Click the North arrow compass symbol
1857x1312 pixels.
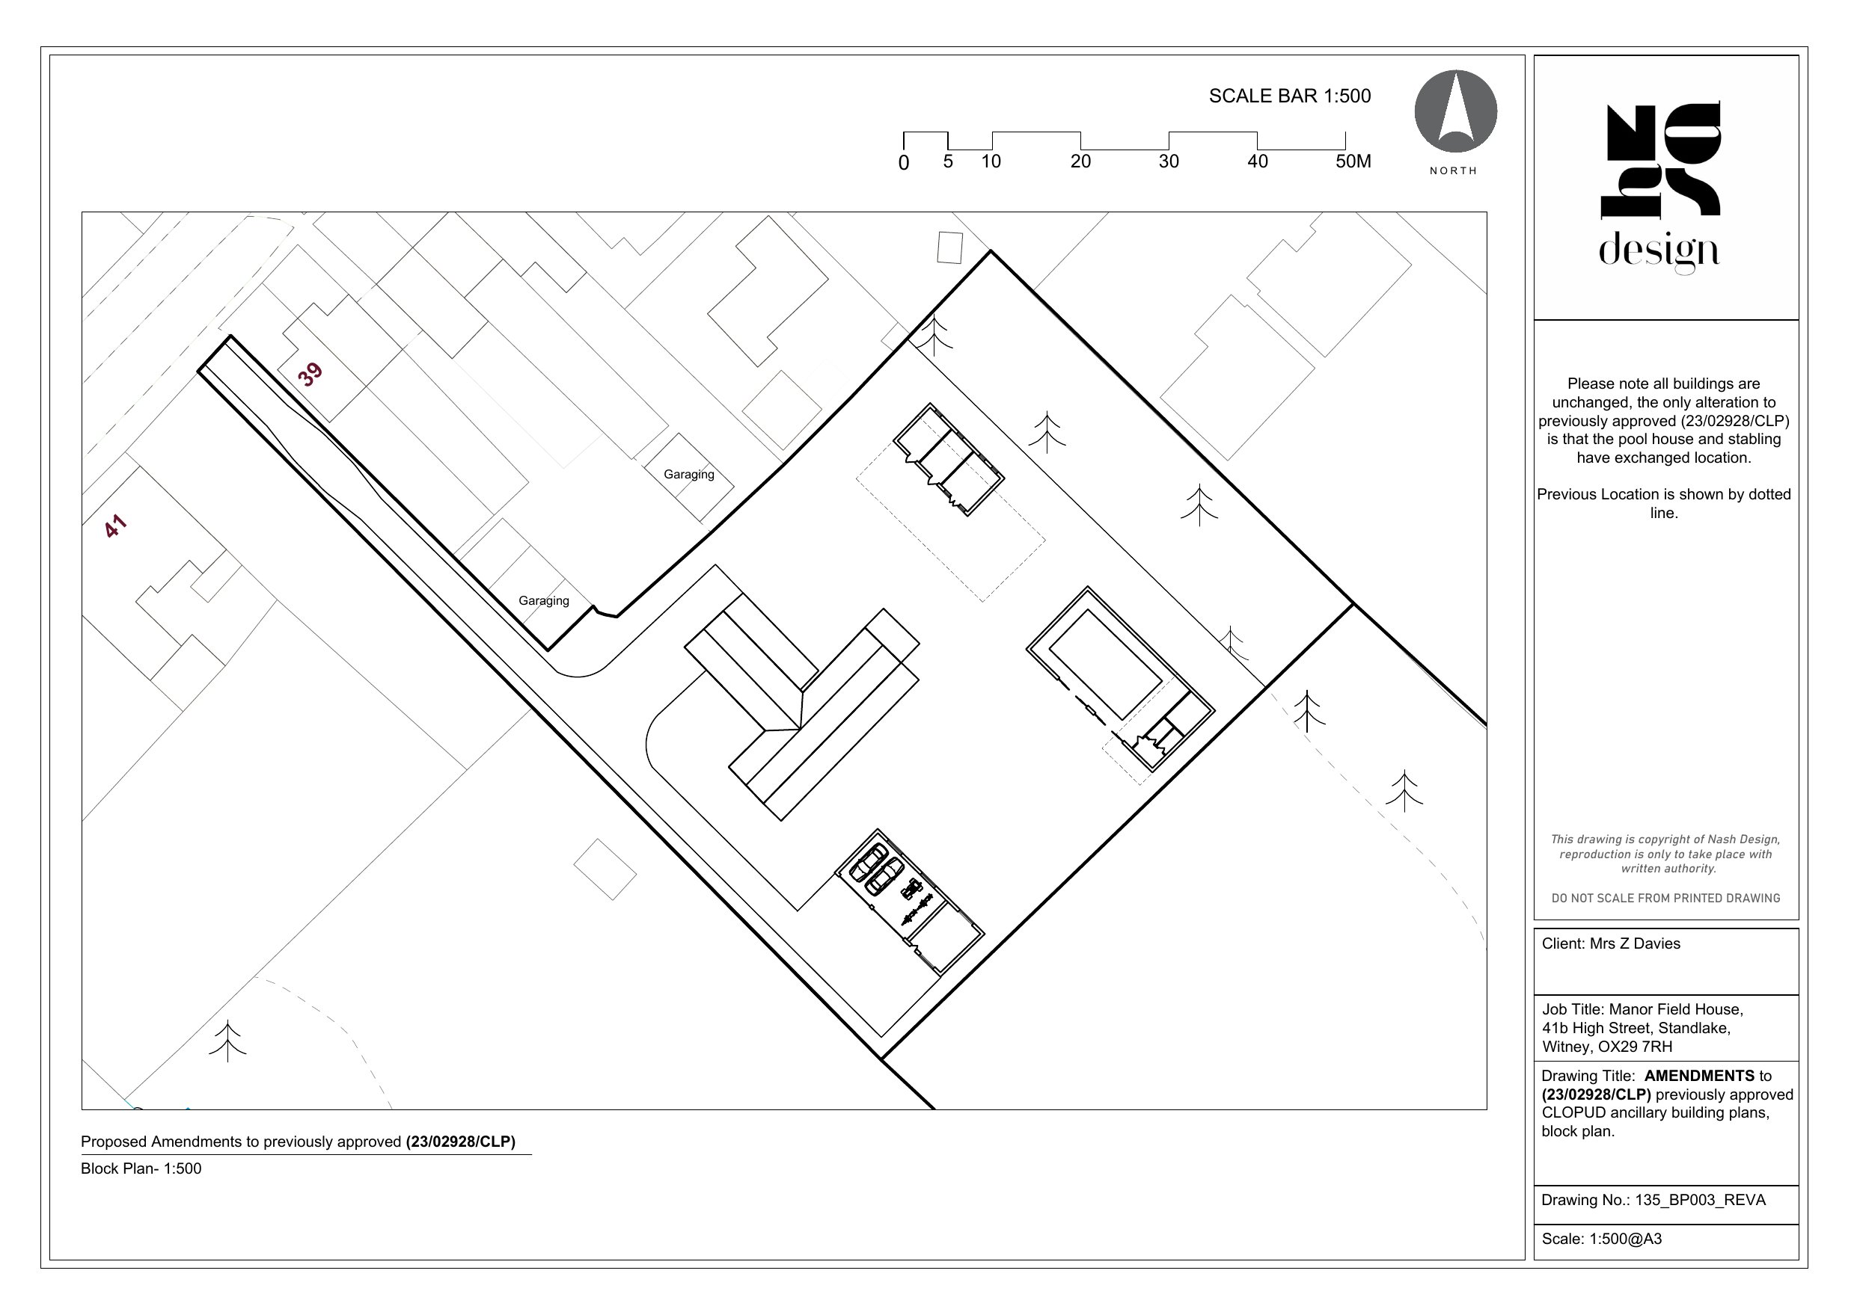(1455, 111)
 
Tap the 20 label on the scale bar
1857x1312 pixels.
(1080, 161)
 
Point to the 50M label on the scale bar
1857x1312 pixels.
(1353, 161)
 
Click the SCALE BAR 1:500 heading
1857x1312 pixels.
(1290, 96)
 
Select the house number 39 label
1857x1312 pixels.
(310, 375)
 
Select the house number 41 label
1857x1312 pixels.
(116, 526)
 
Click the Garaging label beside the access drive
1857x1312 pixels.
(543, 600)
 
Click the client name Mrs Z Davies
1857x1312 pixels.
(1635, 944)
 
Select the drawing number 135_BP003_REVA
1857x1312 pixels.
(1700, 1200)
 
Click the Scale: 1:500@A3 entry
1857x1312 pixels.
(1601, 1239)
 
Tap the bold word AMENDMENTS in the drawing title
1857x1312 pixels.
(1699, 1076)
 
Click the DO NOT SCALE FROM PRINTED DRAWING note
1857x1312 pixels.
(1665, 898)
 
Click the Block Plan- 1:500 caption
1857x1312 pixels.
(141, 1168)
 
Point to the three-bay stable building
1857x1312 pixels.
(949, 458)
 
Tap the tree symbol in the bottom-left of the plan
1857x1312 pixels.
(228, 1041)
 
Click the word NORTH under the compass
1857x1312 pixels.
(1454, 170)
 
